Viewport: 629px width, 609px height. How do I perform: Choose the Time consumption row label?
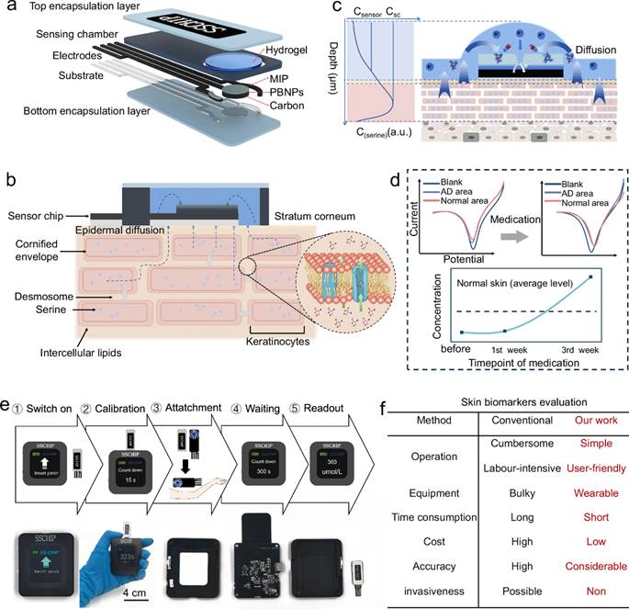418,517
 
